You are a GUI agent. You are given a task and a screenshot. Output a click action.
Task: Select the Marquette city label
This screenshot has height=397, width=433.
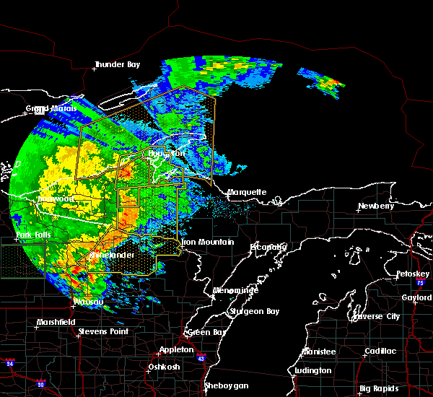(x=248, y=192)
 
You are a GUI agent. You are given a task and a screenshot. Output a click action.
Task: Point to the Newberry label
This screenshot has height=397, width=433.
(x=377, y=206)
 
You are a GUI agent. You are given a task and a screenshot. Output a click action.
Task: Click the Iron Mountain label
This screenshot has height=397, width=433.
(x=209, y=243)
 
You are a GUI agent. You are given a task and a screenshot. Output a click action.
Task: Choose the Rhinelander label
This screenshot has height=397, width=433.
(x=113, y=256)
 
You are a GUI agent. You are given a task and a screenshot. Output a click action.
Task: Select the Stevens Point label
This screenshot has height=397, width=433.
(x=102, y=331)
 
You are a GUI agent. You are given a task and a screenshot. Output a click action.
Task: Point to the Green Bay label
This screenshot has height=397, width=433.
(x=205, y=333)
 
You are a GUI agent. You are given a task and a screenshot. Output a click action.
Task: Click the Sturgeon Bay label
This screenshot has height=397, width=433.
(x=249, y=311)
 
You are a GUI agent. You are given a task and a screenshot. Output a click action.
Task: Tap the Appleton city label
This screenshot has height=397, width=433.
(x=178, y=349)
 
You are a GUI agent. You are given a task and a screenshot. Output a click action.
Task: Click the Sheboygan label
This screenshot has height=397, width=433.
(x=227, y=385)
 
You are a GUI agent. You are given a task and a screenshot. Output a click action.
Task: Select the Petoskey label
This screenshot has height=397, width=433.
(x=414, y=274)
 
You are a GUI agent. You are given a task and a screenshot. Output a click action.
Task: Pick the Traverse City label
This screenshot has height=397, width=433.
(x=377, y=316)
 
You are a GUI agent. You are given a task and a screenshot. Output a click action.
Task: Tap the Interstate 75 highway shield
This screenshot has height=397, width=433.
(x=420, y=284)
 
